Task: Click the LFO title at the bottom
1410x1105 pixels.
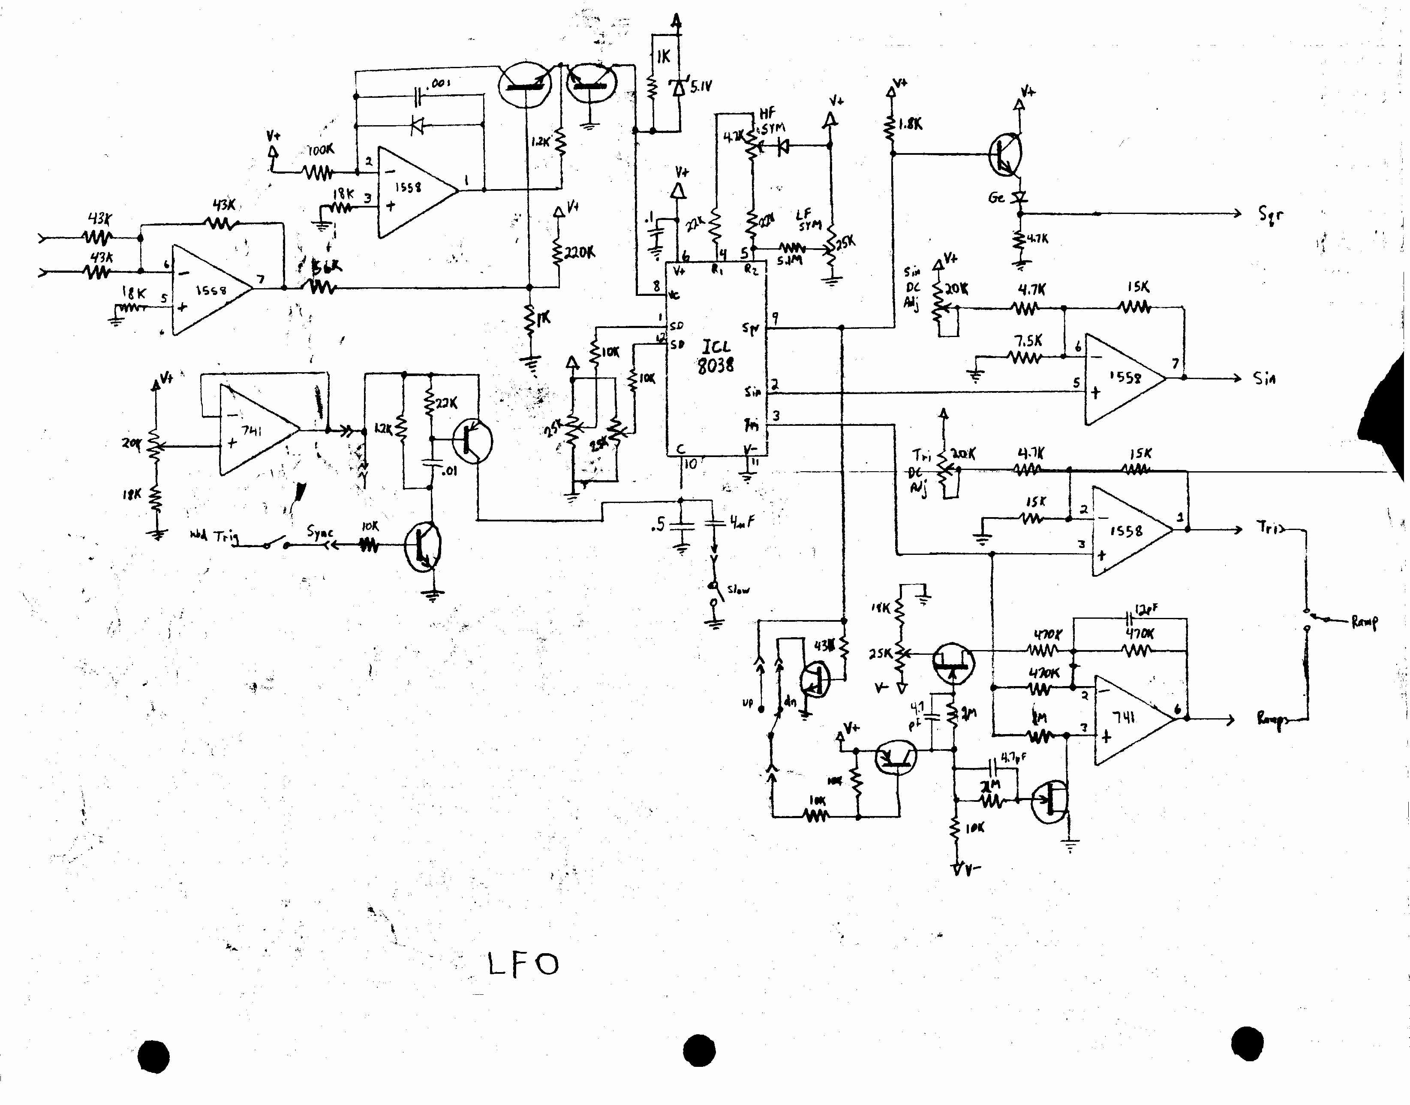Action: pyautogui.click(x=523, y=964)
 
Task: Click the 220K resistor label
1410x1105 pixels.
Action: pyautogui.click(x=579, y=252)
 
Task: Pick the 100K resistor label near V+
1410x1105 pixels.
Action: pyautogui.click(x=320, y=150)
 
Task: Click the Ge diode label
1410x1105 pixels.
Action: pyautogui.click(x=996, y=197)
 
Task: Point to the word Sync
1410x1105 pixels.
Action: pyautogui.click(x=319, y=533)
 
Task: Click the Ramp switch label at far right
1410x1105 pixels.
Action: pyautogui.click(x=1365, y=622)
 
